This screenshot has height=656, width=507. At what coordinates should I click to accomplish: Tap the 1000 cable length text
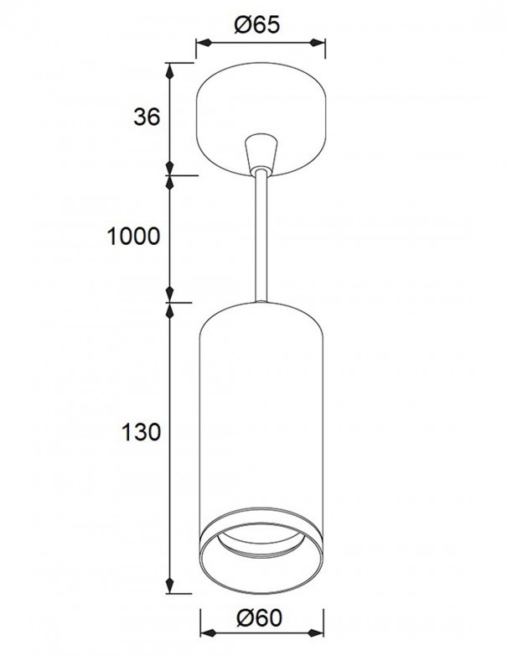click(134, 237)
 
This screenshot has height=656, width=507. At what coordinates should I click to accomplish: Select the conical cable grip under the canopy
click(261, 151)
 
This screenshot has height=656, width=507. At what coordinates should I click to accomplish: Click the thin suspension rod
click(261, 235)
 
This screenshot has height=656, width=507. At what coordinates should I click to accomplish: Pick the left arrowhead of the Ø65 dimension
click(200, 44)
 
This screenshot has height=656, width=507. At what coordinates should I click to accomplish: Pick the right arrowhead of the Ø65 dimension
click(322, 44)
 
